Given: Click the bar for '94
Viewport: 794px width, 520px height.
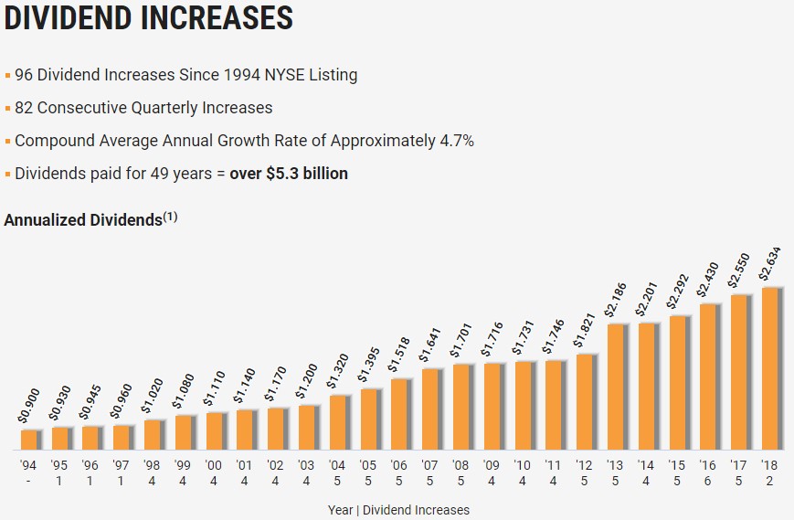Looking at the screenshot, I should click(29, 440).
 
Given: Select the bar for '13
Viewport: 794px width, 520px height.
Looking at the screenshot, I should click(617, 387).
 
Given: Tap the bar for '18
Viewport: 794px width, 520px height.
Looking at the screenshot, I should click(770, 368).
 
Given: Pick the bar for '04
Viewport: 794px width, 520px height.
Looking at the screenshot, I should click(338, 422).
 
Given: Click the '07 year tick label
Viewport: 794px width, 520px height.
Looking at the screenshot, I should click(430, 464).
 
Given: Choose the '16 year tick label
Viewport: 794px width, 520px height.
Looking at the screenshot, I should click(709, 464).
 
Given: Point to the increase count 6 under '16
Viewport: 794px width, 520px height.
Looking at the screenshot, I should click(709, 482).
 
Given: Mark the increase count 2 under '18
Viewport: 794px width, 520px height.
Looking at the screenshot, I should click(770, 482).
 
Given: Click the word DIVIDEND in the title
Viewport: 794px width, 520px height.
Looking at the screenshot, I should click(82, 17).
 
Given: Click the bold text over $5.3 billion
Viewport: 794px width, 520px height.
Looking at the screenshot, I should click(289, 174).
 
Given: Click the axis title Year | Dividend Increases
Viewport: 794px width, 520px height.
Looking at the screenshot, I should click(397, 510).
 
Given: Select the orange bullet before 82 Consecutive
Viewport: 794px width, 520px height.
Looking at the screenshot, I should click(7, 109).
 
